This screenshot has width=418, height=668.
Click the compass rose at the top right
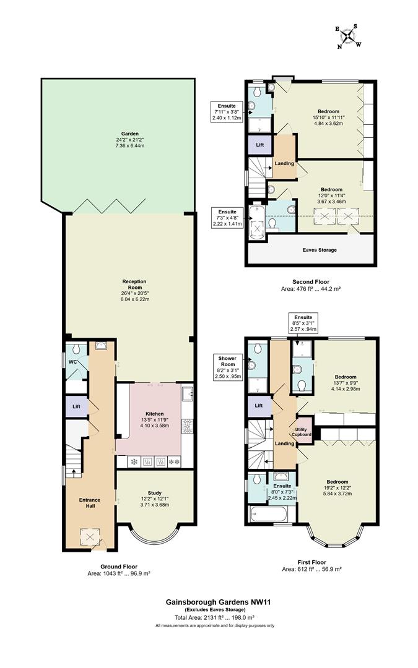[x=349, y=36]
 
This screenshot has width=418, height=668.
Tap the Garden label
[x=129, y=134]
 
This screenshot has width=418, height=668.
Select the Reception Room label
[x=134, y=284]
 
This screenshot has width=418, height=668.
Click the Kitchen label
[x=154, y=414]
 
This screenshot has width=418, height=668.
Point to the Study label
[x=154, y=493]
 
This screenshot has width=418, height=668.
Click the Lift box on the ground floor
[x=76, y=406]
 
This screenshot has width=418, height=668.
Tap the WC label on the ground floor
[x=73, y=362]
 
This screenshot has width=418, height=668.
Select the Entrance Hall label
[x=90, y=503]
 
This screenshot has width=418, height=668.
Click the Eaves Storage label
[x=320, y=250]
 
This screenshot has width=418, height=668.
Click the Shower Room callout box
[x=227, y=367]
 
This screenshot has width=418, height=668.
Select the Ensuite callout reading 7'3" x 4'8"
[x=227, y=218]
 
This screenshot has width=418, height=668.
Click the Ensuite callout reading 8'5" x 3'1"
[x=303, y=323]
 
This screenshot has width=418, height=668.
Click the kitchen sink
[x=188, y=393]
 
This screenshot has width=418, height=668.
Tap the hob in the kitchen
[x=188, y=426]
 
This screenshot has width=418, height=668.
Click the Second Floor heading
[x=311, y=281]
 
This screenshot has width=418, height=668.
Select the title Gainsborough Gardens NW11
[x=219, y=602]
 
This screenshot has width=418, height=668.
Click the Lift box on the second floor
[x=259, y=145]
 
